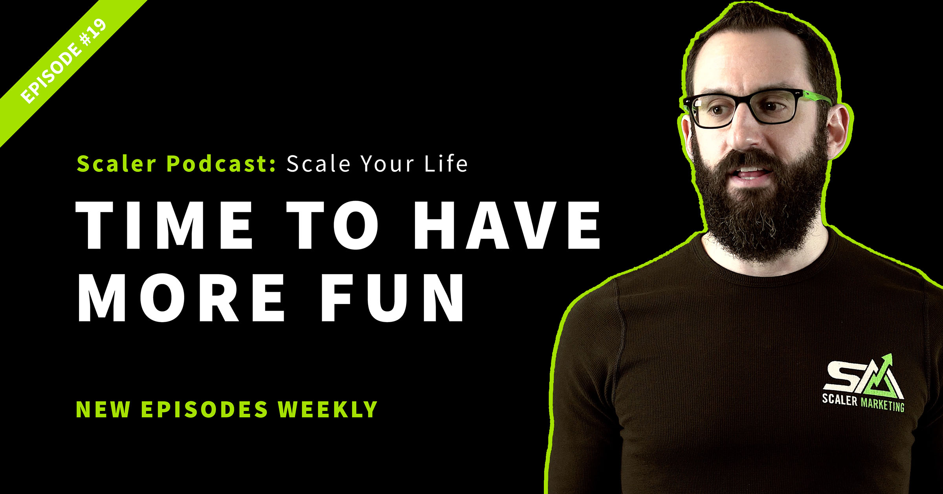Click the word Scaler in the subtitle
pos(117,163)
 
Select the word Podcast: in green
pos(222,163)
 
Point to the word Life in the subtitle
pos(446,163)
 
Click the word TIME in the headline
pos(164,225)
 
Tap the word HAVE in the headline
pos(507,225)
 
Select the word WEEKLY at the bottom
pos(328,409)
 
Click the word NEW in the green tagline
pos(103,409)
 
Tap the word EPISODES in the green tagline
pos(204,409)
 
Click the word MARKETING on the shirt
pos(882,404)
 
